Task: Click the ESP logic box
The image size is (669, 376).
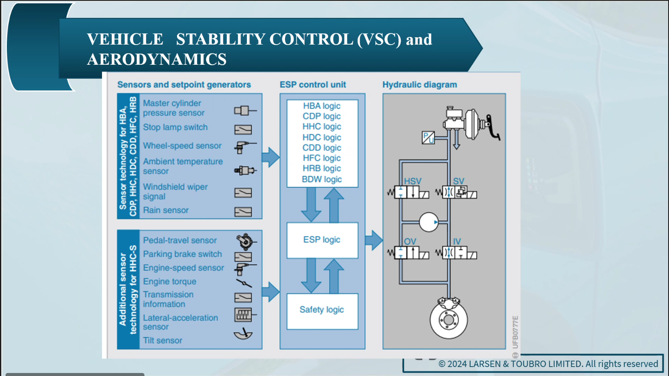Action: pyautogui.click(x=322, y=240)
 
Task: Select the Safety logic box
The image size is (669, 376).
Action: pyautogui.click(x=322, y=310)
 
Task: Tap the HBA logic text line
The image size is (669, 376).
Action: pyautogui.click(x=321, y=106)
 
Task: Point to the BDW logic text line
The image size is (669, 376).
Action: pyautogui.click(x=321, y=179)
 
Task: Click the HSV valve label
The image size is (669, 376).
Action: pyautogui.click(x=413, y=181)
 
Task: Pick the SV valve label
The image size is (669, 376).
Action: pyautogui.click(x=459, y=181)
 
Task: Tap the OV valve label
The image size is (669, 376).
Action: pyautogui.click(x=410, y=241)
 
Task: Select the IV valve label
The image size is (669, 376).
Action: pyautogui.click(x=457, y=241)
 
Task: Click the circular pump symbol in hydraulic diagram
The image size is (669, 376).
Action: pyautogui.click(x=429, y=222)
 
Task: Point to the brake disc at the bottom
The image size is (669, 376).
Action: pyautogui.click(x=449, y=319)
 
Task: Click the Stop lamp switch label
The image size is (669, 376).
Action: pyautogui.click(x=175, y=127)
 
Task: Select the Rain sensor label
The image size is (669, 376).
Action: pyautogui.click(x=166, y=210)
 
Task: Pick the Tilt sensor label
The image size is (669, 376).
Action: pyautogui.click(x=162, y=340)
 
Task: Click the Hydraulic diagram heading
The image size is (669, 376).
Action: pyautogui.click(x=420, y=84)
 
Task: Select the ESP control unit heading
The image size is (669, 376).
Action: pyautogui.click(x=313, y=84)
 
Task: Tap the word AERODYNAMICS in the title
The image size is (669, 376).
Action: pyautogui.click(x=157, y=59)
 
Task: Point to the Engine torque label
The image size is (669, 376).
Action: pyautogui.click(x=170, y=282)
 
